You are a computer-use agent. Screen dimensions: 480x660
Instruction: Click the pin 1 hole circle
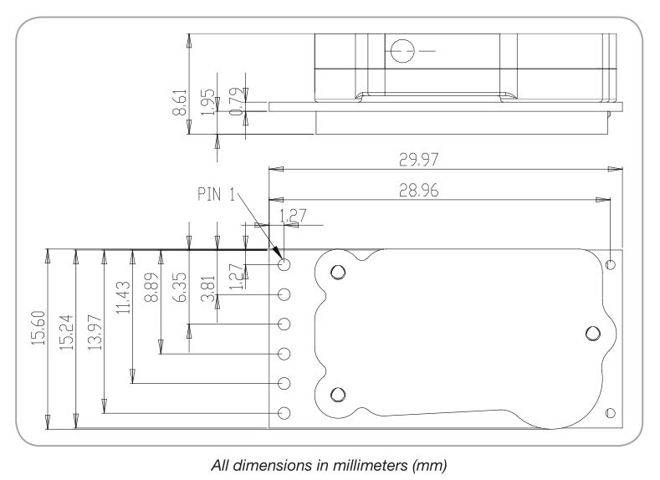coord(284,264)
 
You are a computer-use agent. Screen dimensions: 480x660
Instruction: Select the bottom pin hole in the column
coord(284,413)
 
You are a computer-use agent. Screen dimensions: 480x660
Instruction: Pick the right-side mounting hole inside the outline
coord(593,333)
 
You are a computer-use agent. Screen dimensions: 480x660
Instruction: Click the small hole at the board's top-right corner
coord(610,264)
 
